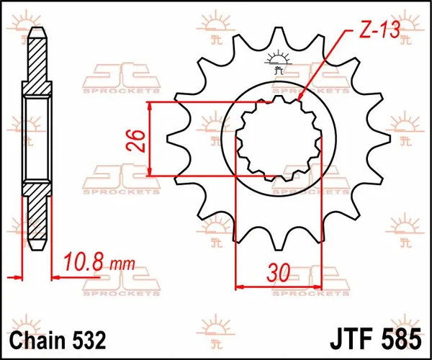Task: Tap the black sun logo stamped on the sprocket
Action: click(x=277, y=63)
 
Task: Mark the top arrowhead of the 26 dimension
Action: click(x=150, y=106)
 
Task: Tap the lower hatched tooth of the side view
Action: click(x=37, y=216)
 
